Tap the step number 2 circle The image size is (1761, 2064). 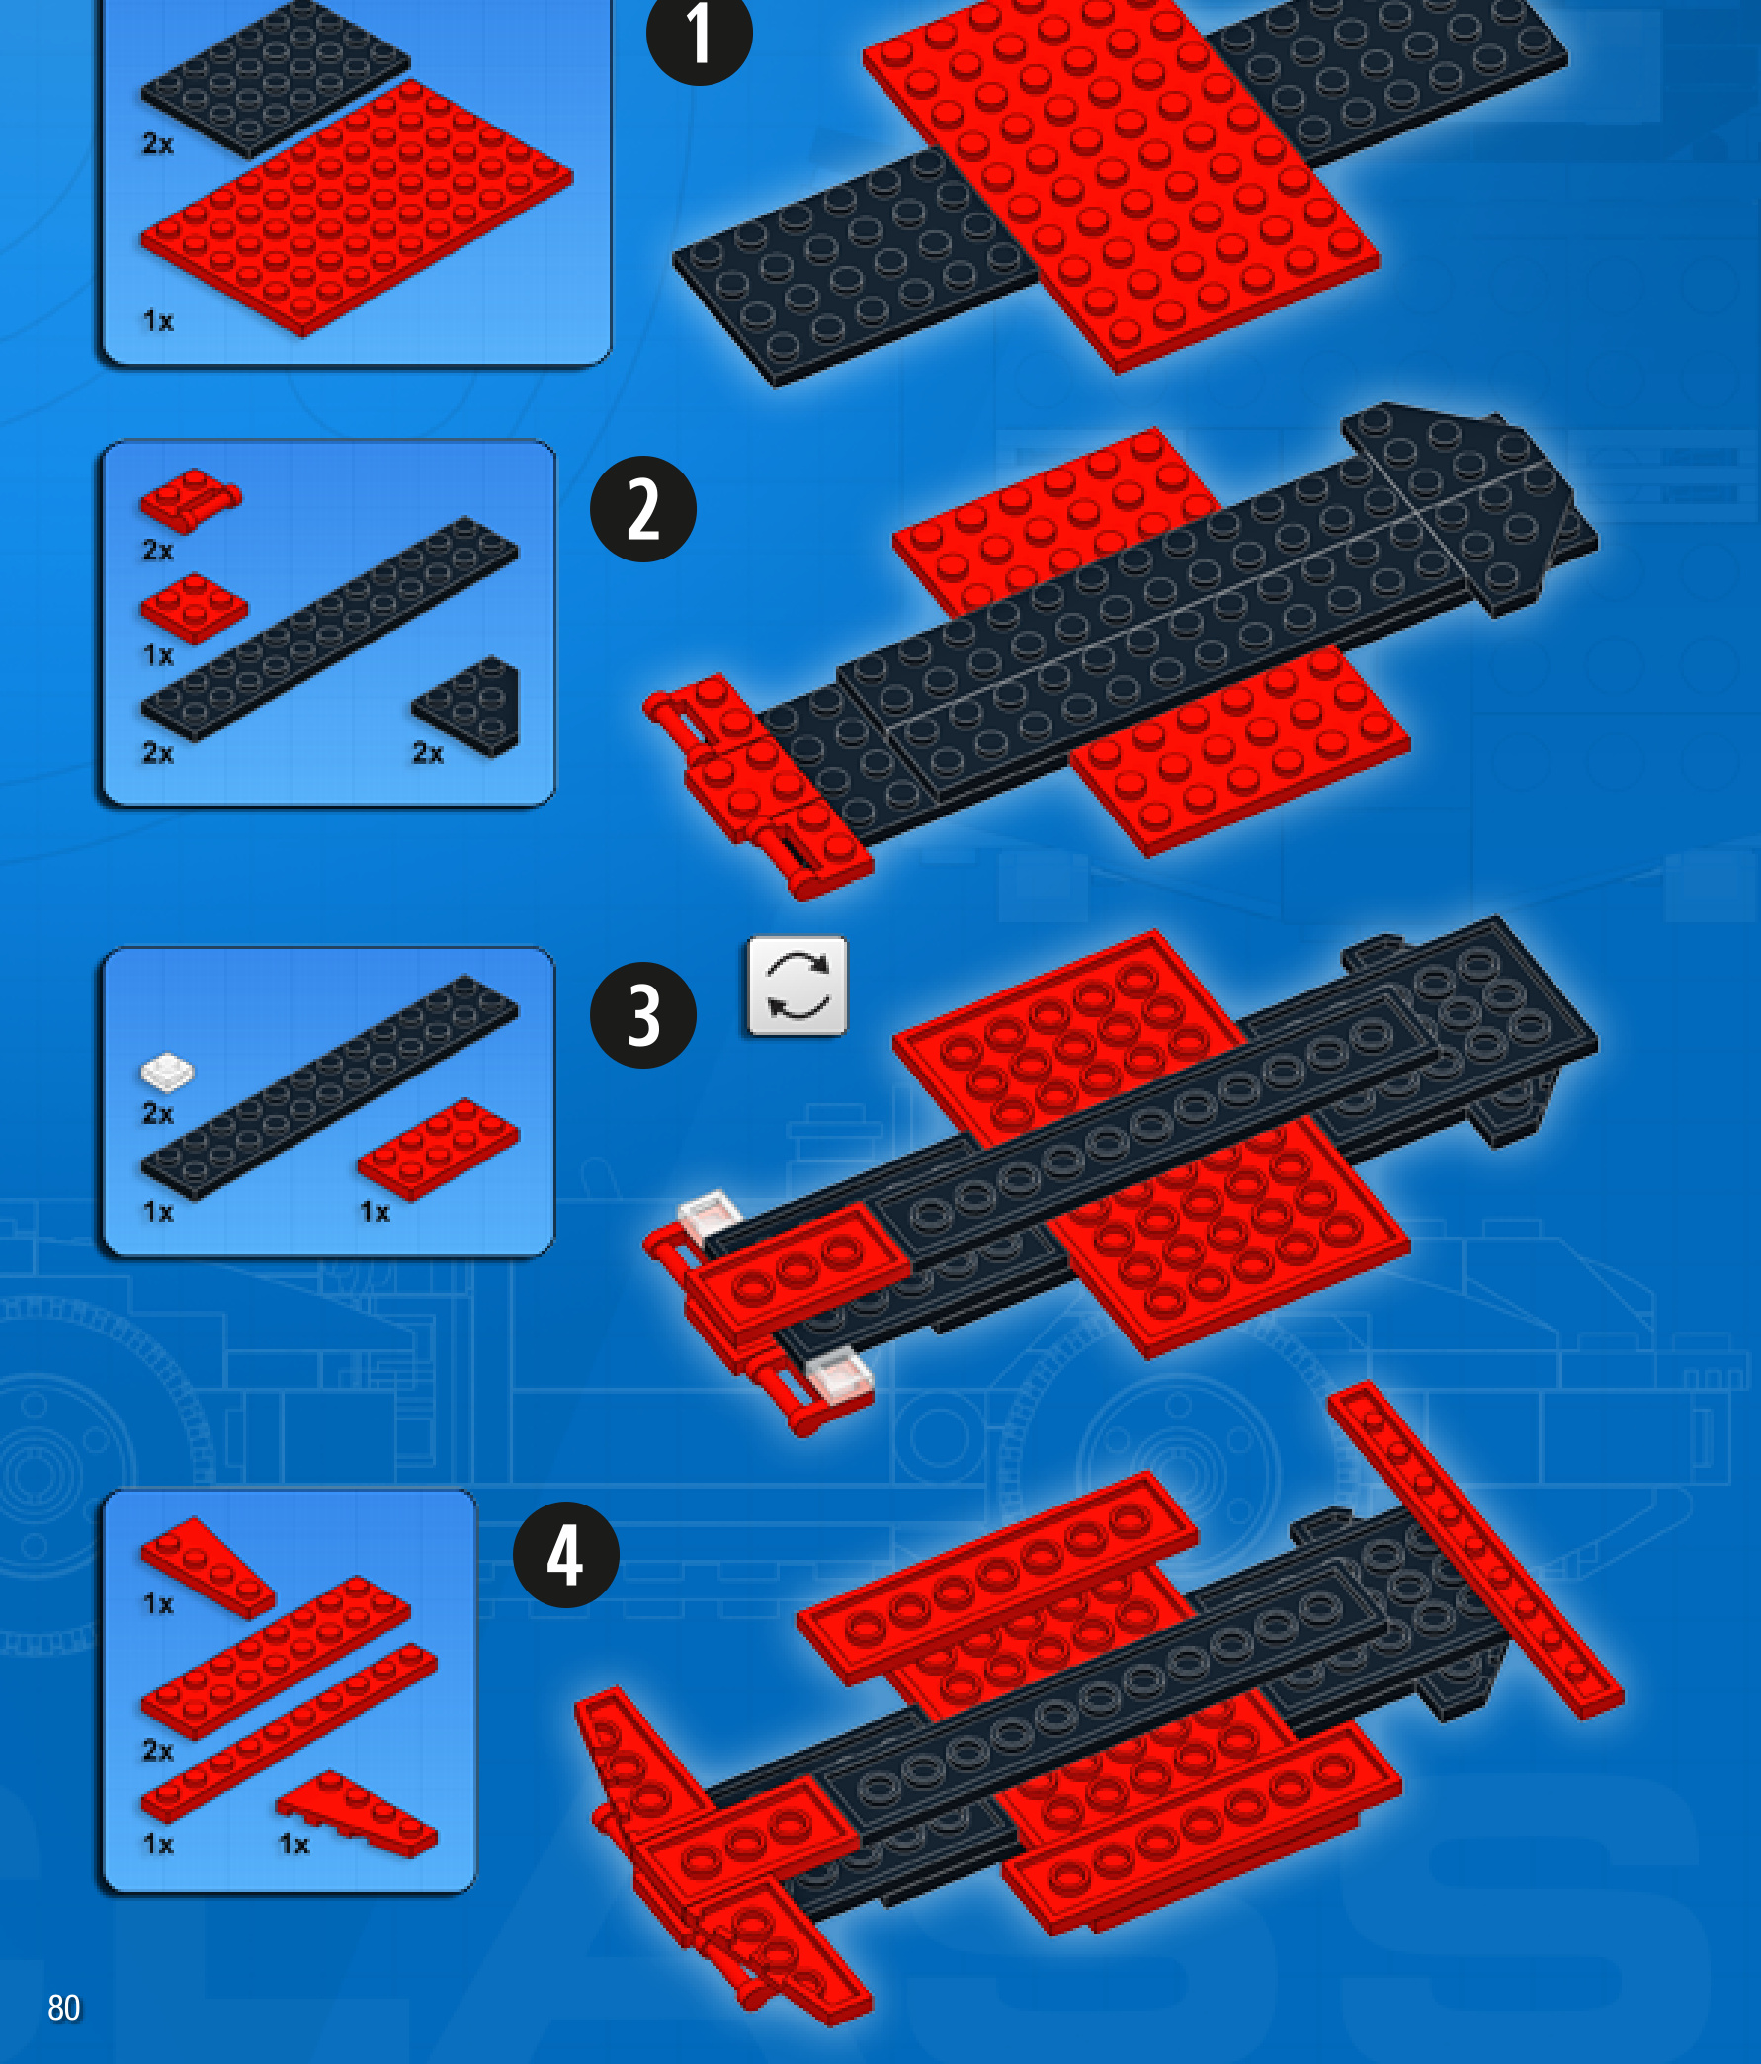(x=643, y=509)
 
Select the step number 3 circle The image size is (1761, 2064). (x=643, y=1015)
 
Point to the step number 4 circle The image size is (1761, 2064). (x=565, y=1555)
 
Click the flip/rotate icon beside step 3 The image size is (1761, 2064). (x=797, y=987)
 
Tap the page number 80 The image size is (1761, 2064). (x=64, y=2008)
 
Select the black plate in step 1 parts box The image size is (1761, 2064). (x=275, y=78)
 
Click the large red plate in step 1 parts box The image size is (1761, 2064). (x=357, y=208)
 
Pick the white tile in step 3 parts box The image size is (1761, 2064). (x=167, y=1072)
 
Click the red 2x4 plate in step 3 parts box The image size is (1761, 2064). (x=438, y=1150)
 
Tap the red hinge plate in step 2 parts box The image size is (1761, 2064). (x=191, y=499)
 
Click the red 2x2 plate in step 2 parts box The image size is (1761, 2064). (x=195, y=609)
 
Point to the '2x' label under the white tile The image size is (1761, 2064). (x=158, y=1113)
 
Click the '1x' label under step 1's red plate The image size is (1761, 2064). (x=158, y=320)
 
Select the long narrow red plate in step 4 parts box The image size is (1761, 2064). (x=289, y=1734)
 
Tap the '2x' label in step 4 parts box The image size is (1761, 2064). (x=158, y=1751)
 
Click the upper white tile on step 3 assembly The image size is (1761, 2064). (x=710, y=1217)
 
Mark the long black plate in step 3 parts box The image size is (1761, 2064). (x=330, y=1086)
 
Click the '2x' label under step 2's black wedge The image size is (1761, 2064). (x=428, y=753)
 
